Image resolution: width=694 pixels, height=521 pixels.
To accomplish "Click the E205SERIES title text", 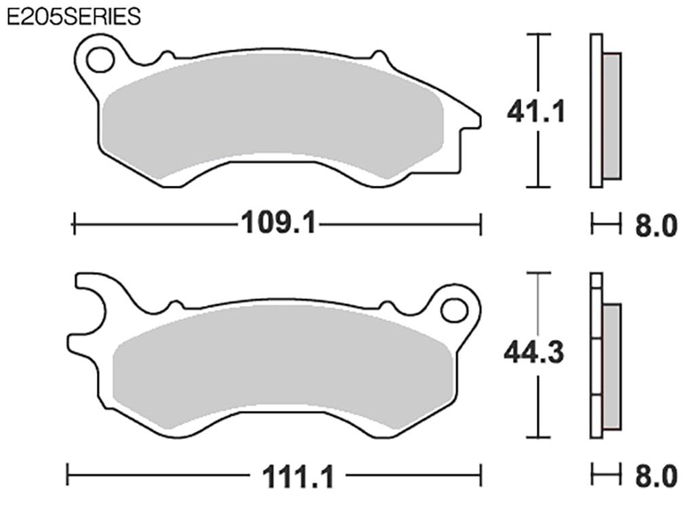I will [73, 16].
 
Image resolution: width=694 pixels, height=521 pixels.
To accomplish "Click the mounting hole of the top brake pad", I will [100, 59].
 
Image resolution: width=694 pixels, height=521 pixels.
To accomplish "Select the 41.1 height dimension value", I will [536, 111].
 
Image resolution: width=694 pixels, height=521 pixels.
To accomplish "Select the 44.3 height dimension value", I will [534, 353].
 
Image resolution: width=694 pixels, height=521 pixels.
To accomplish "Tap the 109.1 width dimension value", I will [278, 223].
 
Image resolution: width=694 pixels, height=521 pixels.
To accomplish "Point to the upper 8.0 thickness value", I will [655, 226].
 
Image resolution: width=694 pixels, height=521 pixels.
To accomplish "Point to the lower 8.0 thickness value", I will [655, 476].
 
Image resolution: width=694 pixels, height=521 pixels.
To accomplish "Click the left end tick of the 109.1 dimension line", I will [74, 223].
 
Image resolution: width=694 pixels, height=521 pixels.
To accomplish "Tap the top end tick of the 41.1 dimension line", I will [537, 34].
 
